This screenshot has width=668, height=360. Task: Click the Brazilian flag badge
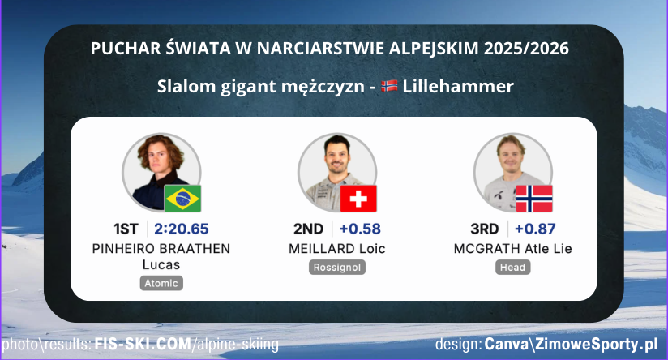tap(183, 198)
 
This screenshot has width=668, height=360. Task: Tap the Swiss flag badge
tap(359, 198)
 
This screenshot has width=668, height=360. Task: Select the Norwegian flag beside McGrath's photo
tap(534, 198)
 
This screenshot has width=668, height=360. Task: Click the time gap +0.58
tap(360, 229)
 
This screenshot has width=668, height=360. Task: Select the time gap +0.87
tap(536, 229)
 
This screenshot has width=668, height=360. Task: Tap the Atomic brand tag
tap(161, 283)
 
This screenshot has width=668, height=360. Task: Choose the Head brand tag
tap(513, 267)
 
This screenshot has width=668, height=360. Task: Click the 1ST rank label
tap(128, 229)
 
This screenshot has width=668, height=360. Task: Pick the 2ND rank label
tap(308, 229)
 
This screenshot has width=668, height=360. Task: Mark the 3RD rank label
tap(484, 229)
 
